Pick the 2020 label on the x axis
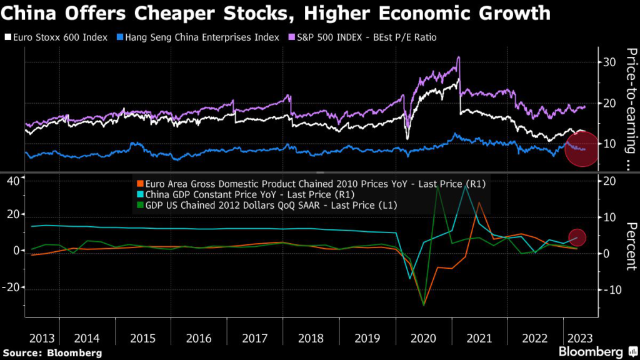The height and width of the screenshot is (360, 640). coord(423,338)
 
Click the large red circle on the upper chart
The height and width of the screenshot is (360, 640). coord(582,150)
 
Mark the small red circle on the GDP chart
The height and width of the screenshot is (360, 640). coord(577,237)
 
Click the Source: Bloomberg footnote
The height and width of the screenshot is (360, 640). coord(51,353)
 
